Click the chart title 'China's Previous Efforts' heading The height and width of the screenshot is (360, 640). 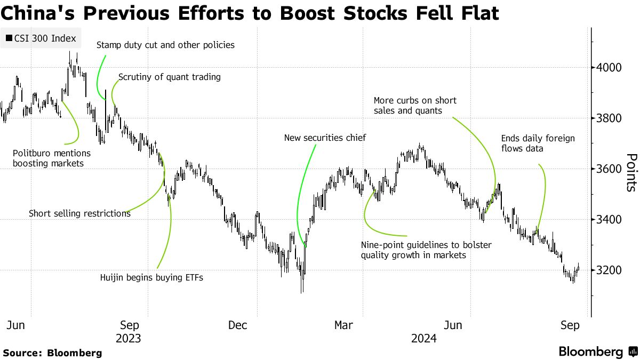tap(251, 13)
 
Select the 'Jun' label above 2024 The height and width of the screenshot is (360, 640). tap(453, 325)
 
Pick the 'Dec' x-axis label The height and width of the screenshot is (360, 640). tap(237, 325)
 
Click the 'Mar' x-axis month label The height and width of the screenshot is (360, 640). tap(343, 325)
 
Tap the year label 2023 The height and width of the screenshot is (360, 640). tap(128, 339)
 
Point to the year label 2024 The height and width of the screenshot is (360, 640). tap(424, 339)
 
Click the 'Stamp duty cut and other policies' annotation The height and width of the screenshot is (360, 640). tap(165, 45)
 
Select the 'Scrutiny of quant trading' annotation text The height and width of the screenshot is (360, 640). tap(170, 77)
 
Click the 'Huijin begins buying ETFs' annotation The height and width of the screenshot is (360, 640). tap(152, 277)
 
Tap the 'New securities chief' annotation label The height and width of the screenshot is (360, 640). tap(325, 138)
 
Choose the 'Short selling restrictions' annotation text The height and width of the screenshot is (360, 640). tap(79, 213)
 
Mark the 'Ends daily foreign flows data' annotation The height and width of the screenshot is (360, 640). tap(538, 143)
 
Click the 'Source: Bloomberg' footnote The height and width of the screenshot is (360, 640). tap(52, 353)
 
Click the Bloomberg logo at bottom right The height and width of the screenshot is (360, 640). tap(597, 352)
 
